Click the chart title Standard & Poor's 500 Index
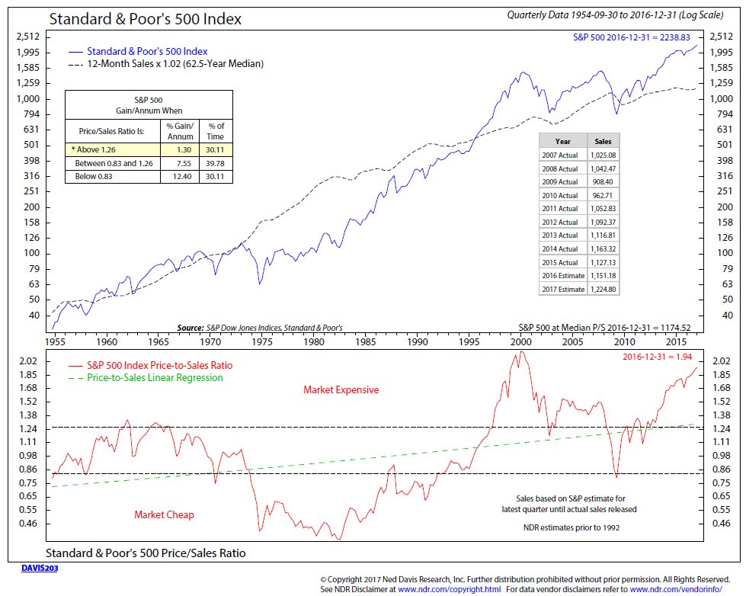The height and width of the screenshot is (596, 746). pos(145,19)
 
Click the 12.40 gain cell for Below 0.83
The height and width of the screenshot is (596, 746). pos(182,177)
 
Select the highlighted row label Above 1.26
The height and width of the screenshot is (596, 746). pos(93,149)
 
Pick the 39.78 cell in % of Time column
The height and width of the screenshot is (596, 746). pos(215,163)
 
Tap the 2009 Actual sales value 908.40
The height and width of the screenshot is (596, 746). pos(603,182)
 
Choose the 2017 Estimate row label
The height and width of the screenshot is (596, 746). pos(563,289)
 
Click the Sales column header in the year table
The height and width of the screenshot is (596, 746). pos(603,142)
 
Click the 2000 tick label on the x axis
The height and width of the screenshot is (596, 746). pos(521,341)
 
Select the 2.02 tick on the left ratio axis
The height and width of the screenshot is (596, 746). pos(27,360)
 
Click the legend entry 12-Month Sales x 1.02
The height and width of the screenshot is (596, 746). pos(166,64)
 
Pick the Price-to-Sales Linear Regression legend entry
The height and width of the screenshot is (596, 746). pos(146,378)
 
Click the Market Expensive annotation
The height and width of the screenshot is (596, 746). pos(341,390)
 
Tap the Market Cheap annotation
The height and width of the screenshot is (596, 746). pos(164,514)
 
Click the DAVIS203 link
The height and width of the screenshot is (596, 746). pos(40,568)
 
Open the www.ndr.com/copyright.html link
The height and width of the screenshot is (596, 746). pos(449,589)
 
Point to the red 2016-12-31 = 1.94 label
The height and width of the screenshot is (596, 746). pos(658,357)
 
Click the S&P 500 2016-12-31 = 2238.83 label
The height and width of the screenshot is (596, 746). pos(632,37)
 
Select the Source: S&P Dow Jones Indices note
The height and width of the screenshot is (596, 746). pos(260,328)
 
